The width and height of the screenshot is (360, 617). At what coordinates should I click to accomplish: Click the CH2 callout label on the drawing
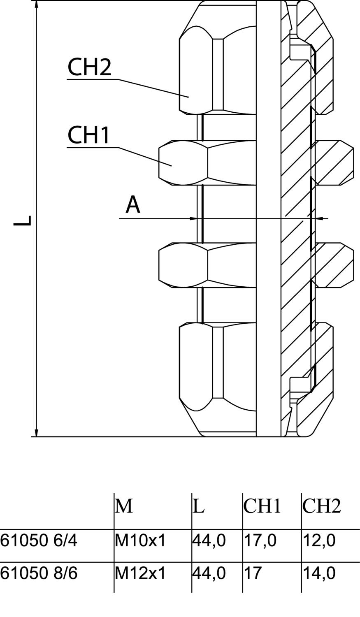(x=90, y=67)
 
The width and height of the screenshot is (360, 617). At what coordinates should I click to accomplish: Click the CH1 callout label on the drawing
(x=89, y=135)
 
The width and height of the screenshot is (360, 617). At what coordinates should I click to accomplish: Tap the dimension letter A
(x=133, y=205)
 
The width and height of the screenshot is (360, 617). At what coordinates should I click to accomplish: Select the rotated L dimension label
(x=23, y=220)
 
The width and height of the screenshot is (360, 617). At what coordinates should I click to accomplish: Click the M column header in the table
(x=124, y=506)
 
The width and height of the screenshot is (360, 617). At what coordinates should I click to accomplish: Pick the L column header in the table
(x=199, y=506)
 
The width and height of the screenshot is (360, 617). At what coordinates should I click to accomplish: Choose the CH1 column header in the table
(x=262, y=506)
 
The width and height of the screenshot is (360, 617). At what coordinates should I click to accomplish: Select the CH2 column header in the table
(x=322, y=506)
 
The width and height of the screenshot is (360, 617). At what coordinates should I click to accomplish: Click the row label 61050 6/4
(x=39, y=540)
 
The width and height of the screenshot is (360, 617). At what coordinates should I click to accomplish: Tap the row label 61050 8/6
(x=39, y=573)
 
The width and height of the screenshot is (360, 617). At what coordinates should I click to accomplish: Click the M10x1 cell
(x=140, y=540)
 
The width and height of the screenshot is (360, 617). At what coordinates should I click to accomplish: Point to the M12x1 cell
(x=140, y=573)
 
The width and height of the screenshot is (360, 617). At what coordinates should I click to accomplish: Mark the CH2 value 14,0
(x=319, y=573)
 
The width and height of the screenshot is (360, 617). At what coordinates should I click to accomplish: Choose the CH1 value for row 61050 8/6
(x=252, y=573)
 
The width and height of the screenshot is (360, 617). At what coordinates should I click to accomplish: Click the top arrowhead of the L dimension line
(x=36, y=5)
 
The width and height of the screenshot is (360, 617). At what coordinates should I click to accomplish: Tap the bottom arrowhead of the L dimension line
(x=36, y=432)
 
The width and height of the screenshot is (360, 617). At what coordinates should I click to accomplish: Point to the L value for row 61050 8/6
(x=209, y=573)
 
